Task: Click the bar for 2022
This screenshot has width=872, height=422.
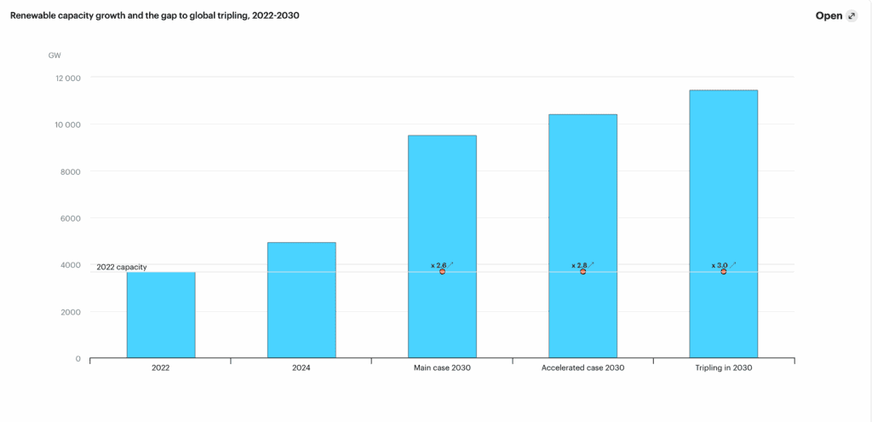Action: point(161,315)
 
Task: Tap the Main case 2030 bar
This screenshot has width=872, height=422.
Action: point(442,205)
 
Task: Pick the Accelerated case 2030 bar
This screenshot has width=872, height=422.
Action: point(582,196)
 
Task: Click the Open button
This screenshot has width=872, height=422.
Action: point(835,15)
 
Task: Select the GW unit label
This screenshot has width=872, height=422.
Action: point(54,55)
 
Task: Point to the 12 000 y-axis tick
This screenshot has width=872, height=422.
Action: point(66,78)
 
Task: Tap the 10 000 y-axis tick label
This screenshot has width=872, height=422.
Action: point(66,124)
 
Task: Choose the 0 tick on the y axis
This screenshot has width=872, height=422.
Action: point(77,359)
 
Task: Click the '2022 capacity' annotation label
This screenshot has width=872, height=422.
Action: point(122,267)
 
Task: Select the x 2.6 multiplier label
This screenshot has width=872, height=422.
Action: point(439,265)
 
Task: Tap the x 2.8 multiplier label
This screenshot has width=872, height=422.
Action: point(579,265)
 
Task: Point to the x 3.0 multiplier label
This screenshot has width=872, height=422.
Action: point(720,265)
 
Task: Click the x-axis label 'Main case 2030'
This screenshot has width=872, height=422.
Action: point(442,368)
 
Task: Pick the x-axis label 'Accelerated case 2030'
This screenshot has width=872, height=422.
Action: point(582,368)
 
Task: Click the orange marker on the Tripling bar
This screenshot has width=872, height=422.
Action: point(724,272)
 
